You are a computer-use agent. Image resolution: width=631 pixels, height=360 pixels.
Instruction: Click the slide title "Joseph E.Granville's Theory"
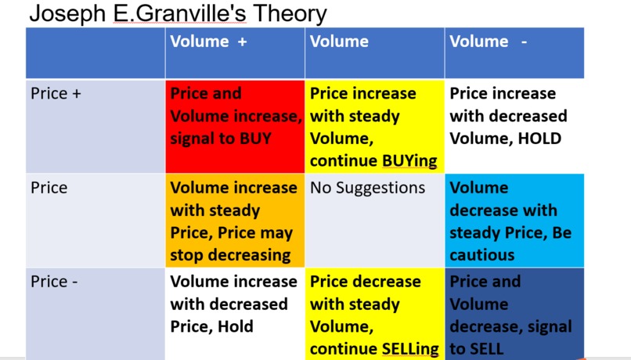pyautogui.click(x=178, y=13)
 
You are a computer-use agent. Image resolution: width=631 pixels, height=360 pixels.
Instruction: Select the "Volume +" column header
pyautogui.click(x=208, y=42)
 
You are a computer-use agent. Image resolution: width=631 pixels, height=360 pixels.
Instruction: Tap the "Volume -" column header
pyautogui.click(x=488, y=42)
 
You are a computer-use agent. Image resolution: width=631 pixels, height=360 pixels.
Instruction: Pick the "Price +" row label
pyautogui.click(x=49, y=94)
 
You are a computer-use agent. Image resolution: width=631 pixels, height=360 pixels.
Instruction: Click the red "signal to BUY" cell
pyautogui.click(x=235, y=125)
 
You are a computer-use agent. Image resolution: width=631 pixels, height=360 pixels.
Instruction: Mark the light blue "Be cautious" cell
pyautogui.click(x=514, y=221)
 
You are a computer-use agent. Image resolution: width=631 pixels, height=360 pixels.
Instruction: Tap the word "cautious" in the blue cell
pyautogui.click(x=481, y=255)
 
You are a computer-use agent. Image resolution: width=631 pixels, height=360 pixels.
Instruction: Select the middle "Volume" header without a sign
pyautogui.click(x=339, y=42)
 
